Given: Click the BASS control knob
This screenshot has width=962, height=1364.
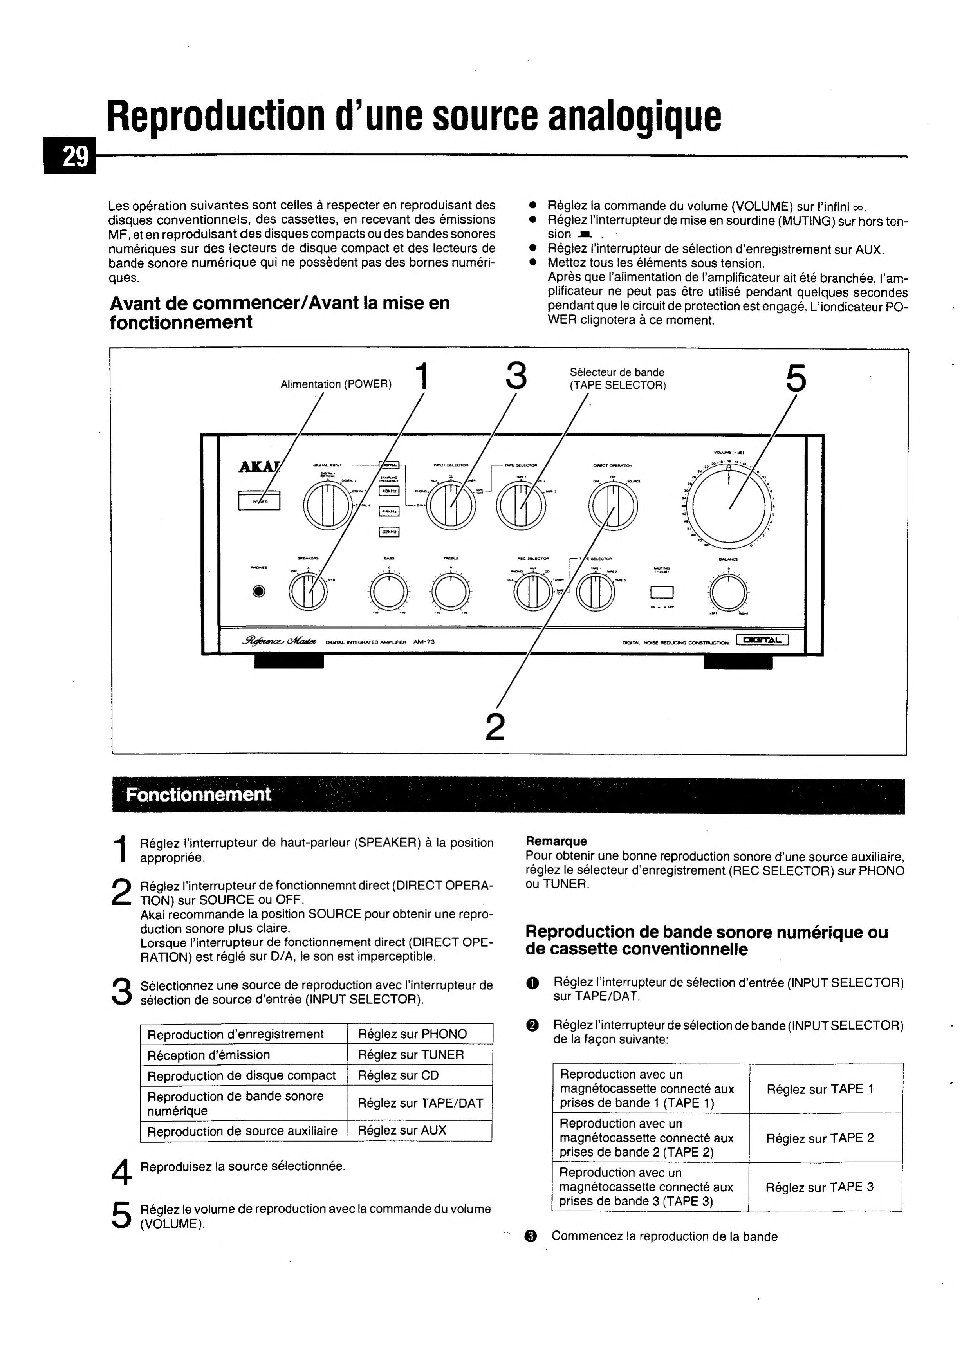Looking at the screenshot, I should tap(389, 592).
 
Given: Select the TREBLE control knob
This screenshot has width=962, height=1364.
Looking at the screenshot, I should tap(450, 592).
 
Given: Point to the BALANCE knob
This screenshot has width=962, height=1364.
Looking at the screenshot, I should tap(729, 592).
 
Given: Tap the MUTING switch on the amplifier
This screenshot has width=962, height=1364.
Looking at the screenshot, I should tap(661, 592).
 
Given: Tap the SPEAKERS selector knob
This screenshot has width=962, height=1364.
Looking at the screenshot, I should tap(308, 592).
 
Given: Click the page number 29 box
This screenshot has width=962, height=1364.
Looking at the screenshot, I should tap(70, 156).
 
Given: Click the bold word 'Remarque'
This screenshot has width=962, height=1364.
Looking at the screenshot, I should tap(556, 841).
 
